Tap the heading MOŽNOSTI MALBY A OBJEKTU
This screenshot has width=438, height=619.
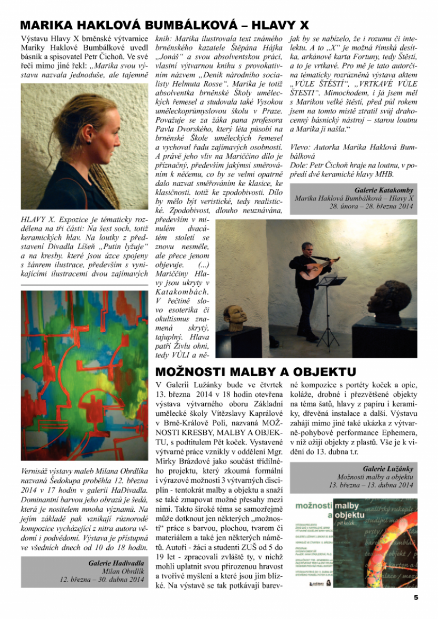click(x=256, y=372)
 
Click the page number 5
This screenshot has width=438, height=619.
click(x=416, y=597)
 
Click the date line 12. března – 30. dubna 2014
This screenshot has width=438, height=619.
click(x=102, y=579)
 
